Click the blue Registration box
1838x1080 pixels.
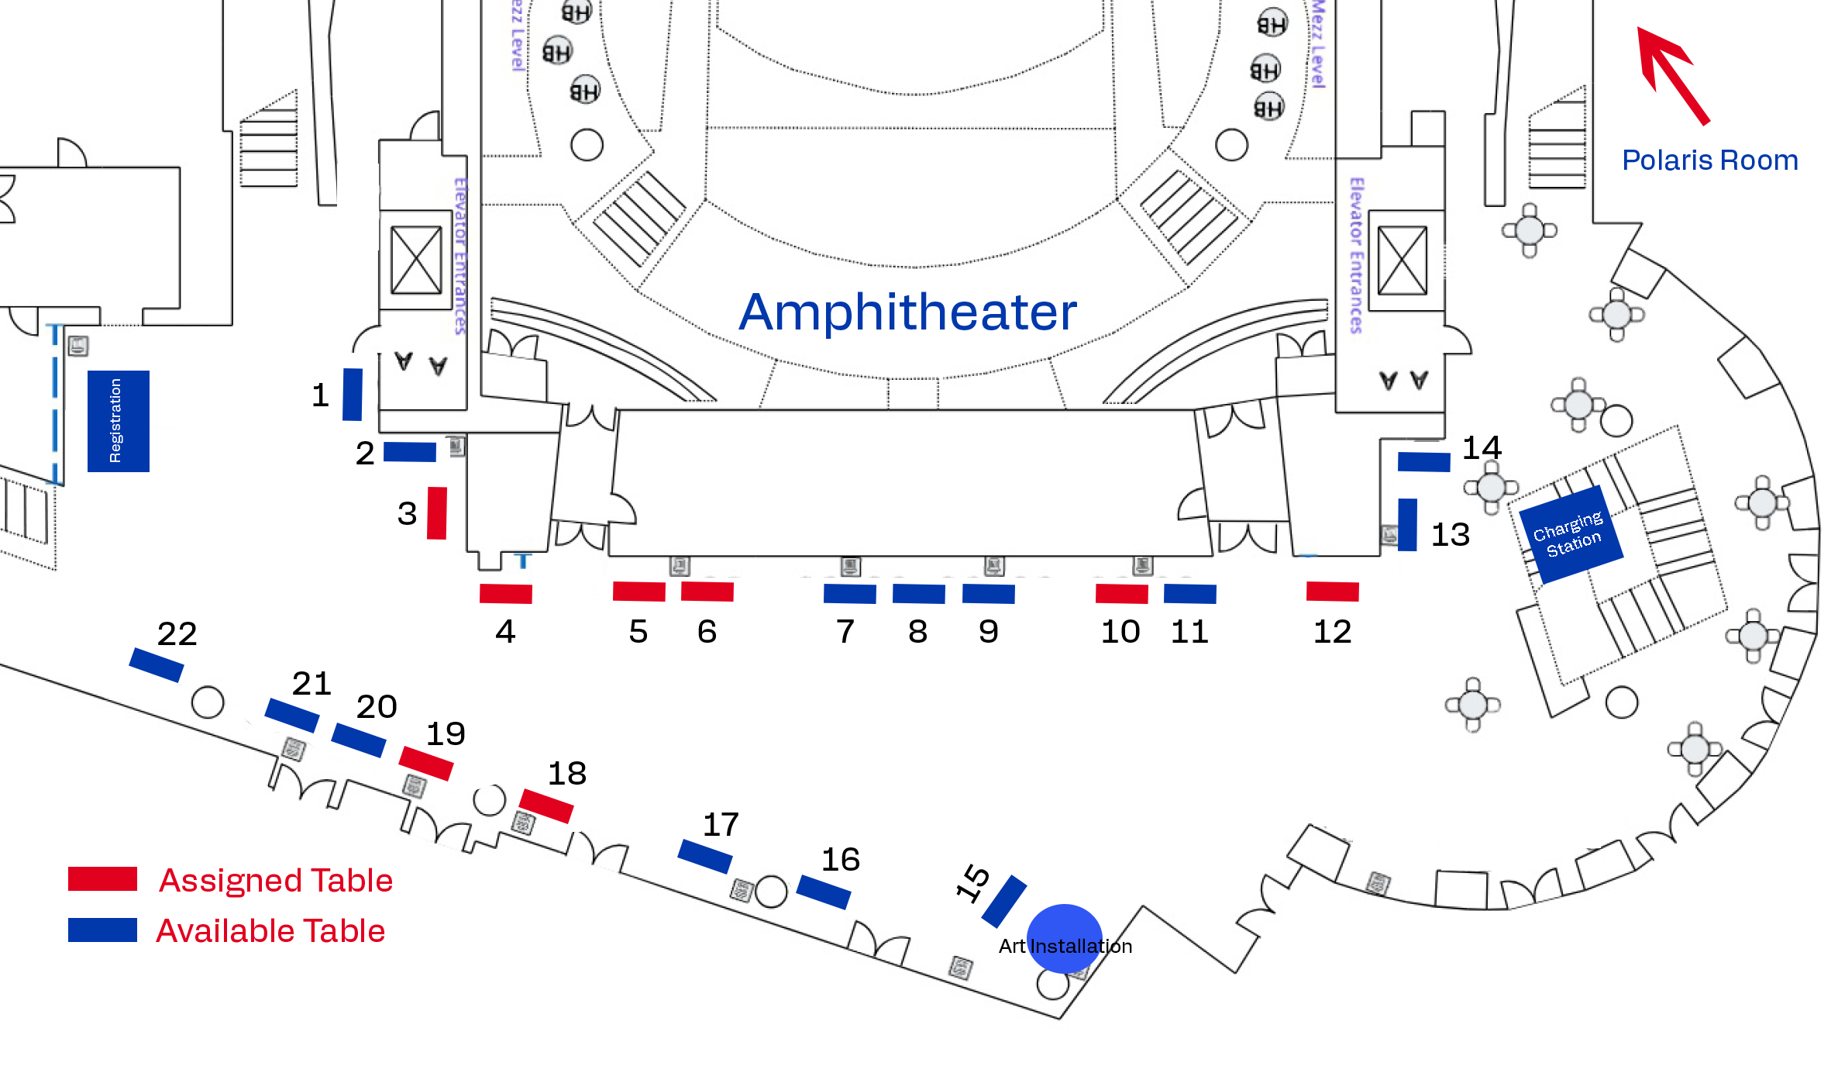pos(118,421)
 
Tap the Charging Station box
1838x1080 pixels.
pos(1571,534)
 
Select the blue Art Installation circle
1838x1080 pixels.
pos(1064,938)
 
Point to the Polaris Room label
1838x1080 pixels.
pos(1709,160)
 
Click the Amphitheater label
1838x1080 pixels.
pos(907,312)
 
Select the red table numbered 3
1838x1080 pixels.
pos(437,512)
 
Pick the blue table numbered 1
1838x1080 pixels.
pos(353,395)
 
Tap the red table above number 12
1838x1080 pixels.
pos(1332,592)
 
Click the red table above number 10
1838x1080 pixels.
pos(1121,594)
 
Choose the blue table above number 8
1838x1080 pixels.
pos(918,594)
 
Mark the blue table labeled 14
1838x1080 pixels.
pos(1423,462)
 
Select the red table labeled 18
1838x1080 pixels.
pos(546,806)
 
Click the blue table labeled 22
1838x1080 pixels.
pos(157,665)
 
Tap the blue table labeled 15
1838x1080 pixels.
pos(1004,901)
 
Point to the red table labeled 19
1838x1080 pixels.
pos(426,763)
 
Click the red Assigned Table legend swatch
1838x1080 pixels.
pos(102,879)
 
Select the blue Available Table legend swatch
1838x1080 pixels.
pos(102,930)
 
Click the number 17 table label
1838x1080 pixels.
pos(721,825)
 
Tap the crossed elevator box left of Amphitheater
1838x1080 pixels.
pos(416,261)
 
